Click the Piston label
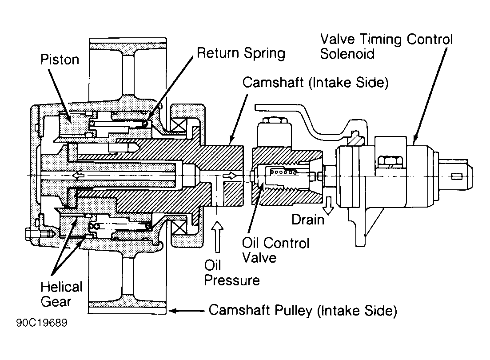[60, 60]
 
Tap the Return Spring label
[241, 53]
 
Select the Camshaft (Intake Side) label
[315, 83]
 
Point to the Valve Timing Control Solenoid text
[386, 46]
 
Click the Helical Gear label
[61, 294]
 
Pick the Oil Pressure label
[231, 272]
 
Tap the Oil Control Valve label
[275, 250]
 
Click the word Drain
[308, 220]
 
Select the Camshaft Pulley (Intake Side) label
[303, 310]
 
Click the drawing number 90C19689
[42, 323]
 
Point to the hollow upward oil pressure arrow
[218, 236]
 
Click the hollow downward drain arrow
[328, 205]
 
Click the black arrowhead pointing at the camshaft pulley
[173, 311]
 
